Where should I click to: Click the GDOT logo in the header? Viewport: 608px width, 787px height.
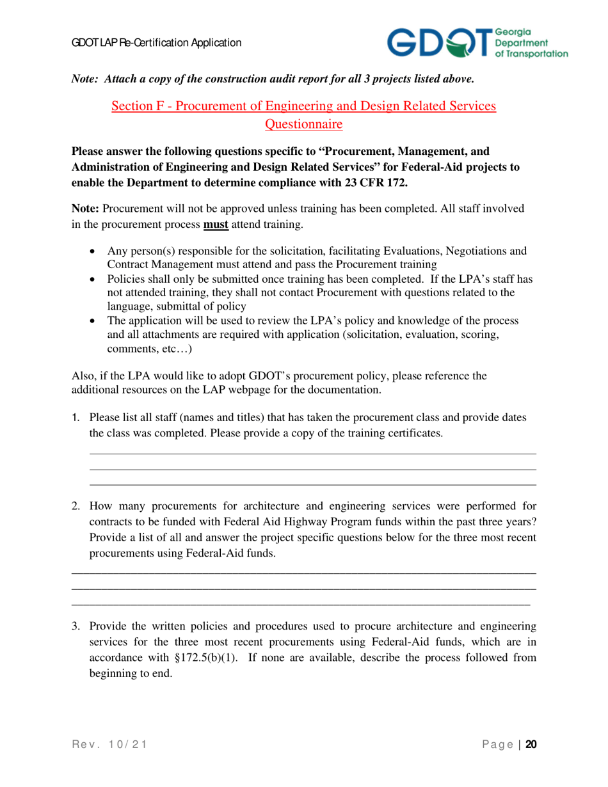point(477,43)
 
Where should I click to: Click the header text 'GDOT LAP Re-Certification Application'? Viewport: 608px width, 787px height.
point(156,43)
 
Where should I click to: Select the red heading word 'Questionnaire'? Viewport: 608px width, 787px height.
point(304,123)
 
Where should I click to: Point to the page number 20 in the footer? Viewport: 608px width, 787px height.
point(531,745)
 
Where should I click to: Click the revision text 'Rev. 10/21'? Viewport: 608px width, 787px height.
point(110,745)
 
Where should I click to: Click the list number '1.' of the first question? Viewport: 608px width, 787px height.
point(76,418)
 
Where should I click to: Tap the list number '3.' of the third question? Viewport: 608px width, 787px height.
point(76,626)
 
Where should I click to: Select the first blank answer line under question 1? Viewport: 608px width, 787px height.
point(312,454)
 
